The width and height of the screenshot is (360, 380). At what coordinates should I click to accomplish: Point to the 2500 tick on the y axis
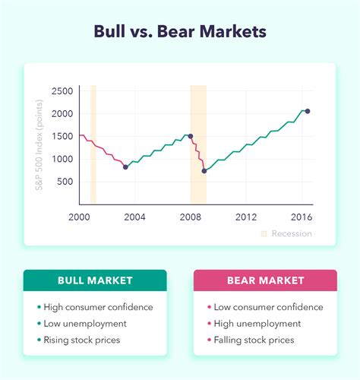coord(62,91)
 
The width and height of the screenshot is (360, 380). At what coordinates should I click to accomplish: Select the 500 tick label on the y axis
coord(65,182)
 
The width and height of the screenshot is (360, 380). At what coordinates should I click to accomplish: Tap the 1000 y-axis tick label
coord(62,159)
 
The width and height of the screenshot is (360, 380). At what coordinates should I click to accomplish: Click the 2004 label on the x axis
coord(134,217)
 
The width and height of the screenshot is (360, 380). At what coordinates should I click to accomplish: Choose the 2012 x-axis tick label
coord(246,217)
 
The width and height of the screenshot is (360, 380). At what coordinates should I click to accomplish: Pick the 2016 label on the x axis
coord(302,217)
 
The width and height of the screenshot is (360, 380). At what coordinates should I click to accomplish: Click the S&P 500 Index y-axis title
coord(39,145)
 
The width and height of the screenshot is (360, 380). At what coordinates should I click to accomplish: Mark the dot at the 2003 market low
coord(125,167)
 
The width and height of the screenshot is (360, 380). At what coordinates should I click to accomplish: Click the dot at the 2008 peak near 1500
coord(191,136)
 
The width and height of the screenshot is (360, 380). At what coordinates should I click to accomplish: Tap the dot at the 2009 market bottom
coord(204,171)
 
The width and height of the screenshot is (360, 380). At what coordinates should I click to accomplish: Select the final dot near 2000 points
coord(308,111)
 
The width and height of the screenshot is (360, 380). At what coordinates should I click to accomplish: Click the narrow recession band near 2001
coord(93,144)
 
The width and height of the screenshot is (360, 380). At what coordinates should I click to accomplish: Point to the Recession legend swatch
coord(264,233)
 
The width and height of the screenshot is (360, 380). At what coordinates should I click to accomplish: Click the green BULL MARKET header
coord(95,280)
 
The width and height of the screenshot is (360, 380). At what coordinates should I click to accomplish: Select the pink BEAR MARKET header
coord(265,280)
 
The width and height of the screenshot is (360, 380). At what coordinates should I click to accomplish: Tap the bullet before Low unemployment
coord(39,324)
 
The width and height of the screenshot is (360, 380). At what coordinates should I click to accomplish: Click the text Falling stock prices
coord(254,340)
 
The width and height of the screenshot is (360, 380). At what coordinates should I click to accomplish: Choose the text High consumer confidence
coord(98,307)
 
